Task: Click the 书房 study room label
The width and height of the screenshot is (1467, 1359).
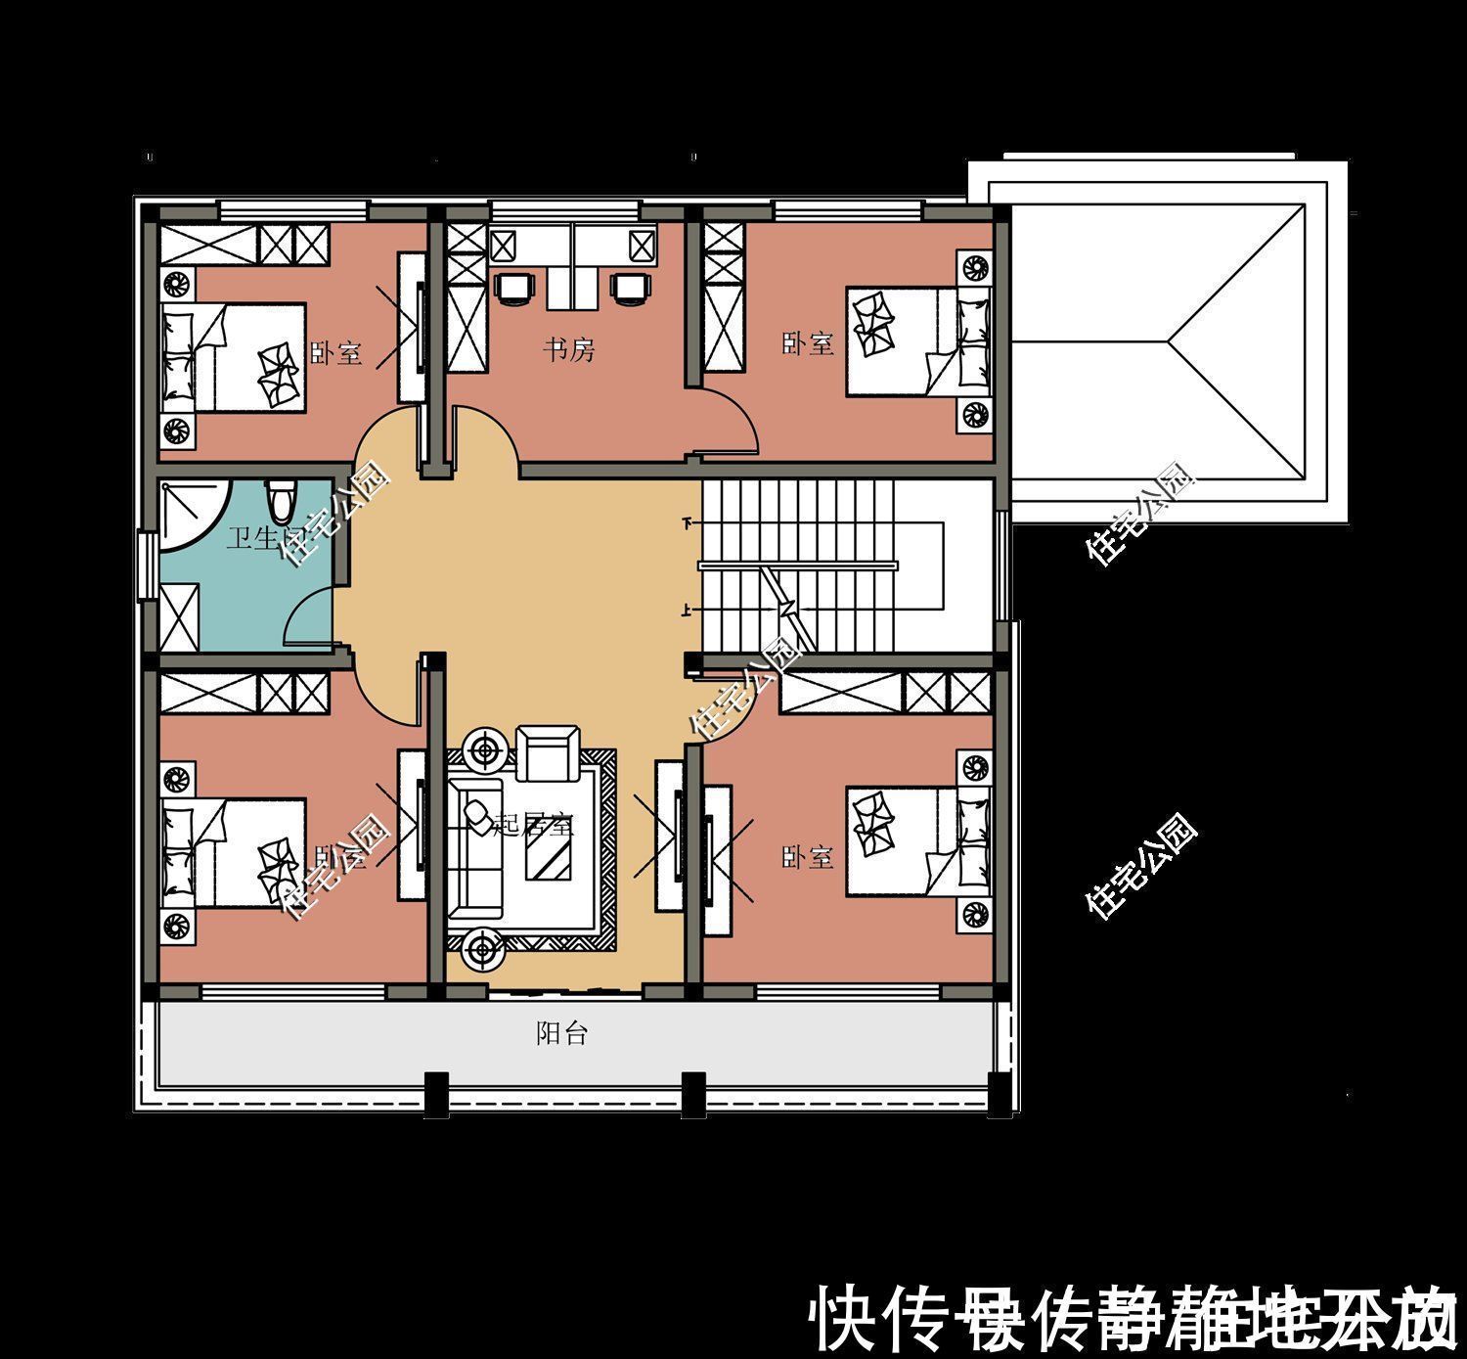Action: [569, 349]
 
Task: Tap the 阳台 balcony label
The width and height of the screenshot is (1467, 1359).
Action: [562, 1033]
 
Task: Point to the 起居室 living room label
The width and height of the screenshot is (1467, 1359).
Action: [533, 825]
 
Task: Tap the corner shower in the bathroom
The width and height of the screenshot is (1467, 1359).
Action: [192, 514]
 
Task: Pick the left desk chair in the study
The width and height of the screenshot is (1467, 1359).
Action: [515, 286]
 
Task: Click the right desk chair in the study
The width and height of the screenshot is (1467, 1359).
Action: [630, 286]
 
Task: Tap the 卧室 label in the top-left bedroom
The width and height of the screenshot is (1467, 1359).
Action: [336, 352]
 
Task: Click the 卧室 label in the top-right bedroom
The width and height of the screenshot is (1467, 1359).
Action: [808, 343]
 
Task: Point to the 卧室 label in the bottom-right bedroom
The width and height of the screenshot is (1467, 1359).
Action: [808, 858]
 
